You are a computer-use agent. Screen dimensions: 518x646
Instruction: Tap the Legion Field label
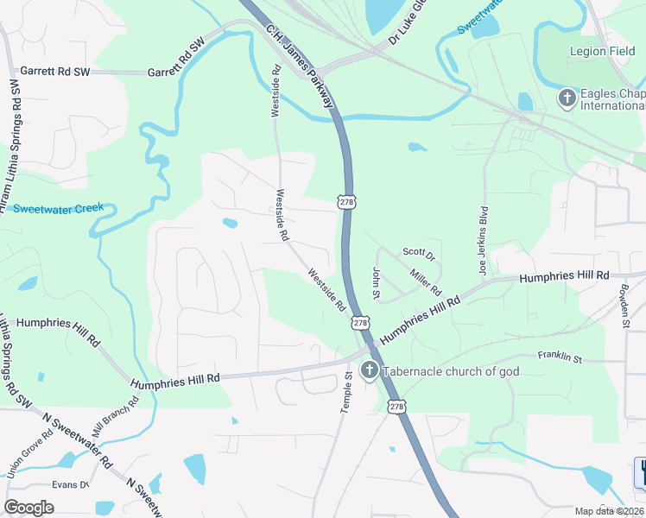click(x=601, y=51)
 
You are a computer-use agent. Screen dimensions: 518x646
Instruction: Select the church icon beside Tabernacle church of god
click(x=369, y=371)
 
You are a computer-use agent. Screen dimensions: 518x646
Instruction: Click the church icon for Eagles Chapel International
click(x=567, y=98)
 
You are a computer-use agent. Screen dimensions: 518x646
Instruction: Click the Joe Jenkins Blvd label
click(x=484, y=235)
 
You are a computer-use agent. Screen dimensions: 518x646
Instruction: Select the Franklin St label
click(x=560, y=357)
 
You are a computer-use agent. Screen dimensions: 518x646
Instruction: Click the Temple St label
click(x=346, y=392)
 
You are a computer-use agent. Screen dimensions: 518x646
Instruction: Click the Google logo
click(x=28, y=508)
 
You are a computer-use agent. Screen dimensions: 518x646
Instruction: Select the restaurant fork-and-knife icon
click(x=641, y=471)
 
